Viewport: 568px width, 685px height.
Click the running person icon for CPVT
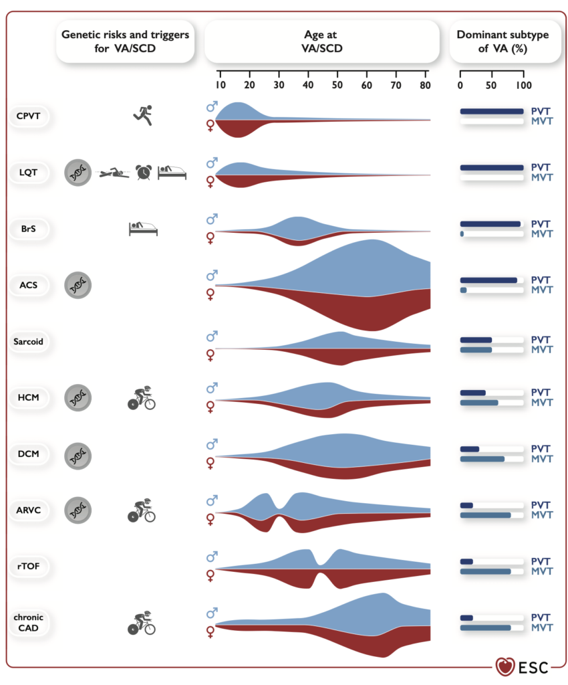[x=142, y=116]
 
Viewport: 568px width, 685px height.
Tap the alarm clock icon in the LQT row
[x=142, y=173]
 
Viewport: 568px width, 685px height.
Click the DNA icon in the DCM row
[x=78, y=454]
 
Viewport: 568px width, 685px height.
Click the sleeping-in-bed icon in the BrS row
[x=142, y=229]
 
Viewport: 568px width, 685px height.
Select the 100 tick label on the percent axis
[x=523, y=86]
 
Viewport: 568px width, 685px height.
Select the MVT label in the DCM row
[x=541, y=459]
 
